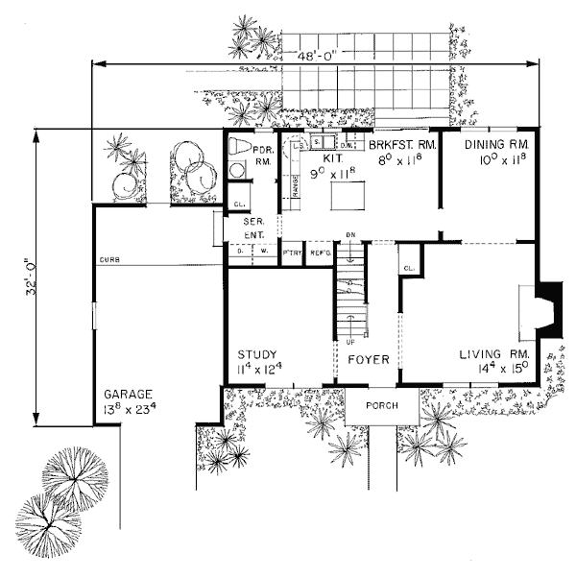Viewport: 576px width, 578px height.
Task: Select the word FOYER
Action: (x=369, y=360)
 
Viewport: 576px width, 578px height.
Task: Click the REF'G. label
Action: (x=319, y=253)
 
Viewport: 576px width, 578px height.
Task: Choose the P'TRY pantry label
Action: (x=292, y=253)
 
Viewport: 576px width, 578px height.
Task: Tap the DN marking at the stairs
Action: (x=351, y=234)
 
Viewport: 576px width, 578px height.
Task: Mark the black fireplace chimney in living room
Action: (x=549, y=308)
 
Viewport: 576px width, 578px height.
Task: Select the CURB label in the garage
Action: (x=108, y=259)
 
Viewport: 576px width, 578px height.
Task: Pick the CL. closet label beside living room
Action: (x=411, y=268)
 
